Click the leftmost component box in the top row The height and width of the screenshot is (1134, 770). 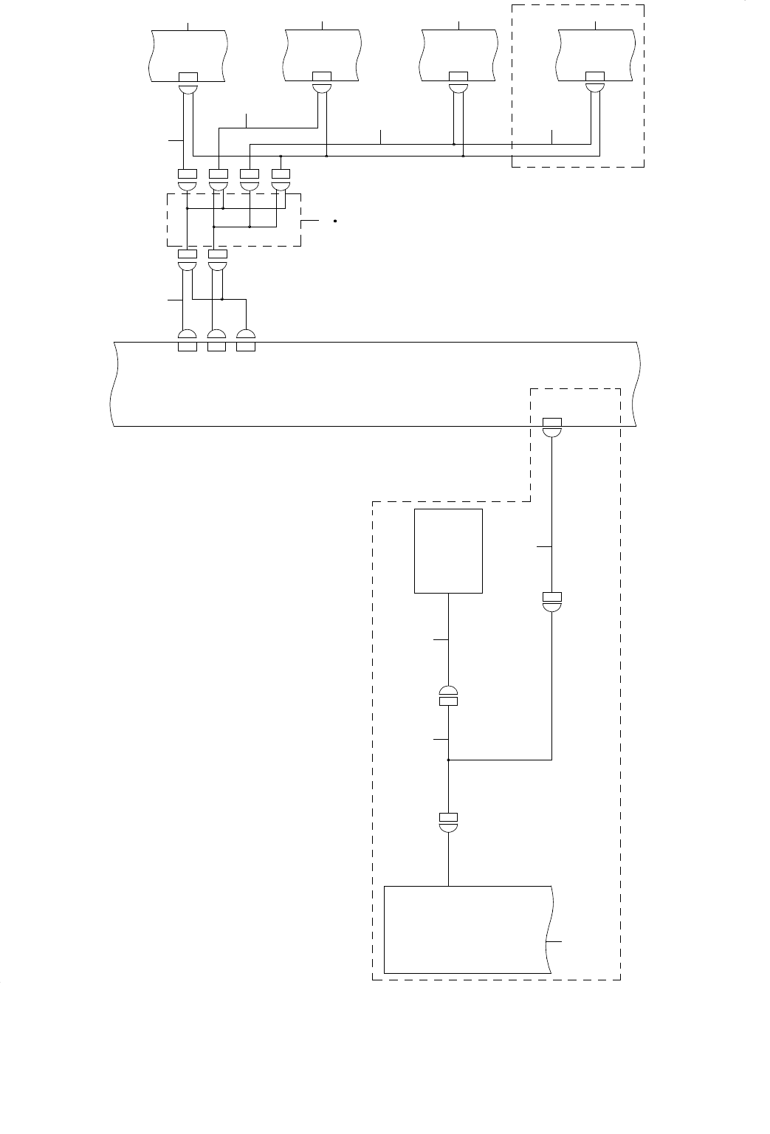tap(188, 55)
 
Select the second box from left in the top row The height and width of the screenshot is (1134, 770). tap(323, 55)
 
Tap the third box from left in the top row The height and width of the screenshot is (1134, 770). tap(458, 55)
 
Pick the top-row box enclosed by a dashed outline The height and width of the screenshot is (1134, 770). tap(595, 55)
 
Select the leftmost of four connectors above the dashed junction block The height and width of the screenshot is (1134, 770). tap(188, 178)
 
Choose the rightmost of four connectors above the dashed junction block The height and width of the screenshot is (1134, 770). tap(281, 178)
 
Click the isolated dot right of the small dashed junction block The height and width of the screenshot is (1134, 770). tap(335, 221)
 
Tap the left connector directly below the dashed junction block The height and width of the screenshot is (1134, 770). tap(188, 259)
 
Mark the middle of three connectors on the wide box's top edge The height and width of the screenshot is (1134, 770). tap(216, 340)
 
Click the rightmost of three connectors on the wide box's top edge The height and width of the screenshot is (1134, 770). tap(245, 340)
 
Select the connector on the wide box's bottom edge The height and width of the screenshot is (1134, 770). tap(552, 427)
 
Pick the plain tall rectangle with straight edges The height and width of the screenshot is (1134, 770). tap(448, 551)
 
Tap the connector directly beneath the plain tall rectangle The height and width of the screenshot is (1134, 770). tap(448, 696)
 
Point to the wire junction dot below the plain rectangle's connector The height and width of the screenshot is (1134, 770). tap(448, 760)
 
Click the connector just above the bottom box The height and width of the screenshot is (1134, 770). tap(448, 822)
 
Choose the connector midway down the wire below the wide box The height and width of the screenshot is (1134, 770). tap(552, 601)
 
